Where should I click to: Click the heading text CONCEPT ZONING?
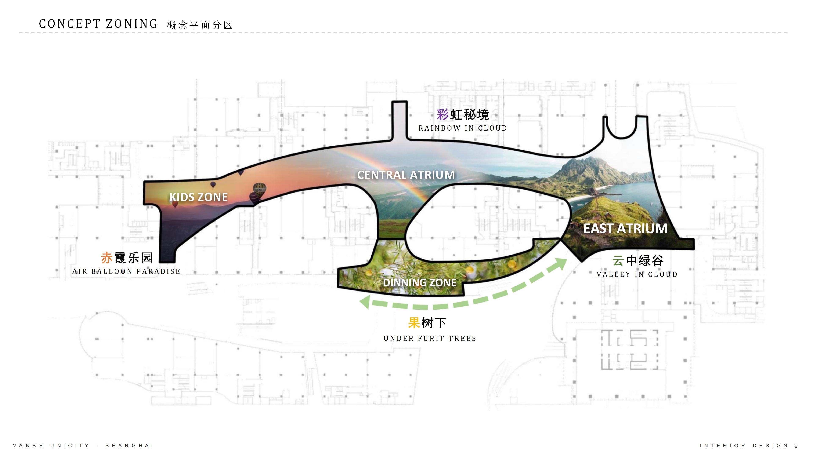[x=98, y=24]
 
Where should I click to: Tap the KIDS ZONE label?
[x=199, y=197]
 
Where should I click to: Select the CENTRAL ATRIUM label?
[x=406, y=175]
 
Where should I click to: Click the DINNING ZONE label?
[x=419, y=283]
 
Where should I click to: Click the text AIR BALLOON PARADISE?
[x=126, y=271]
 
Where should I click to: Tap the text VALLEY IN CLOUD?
[x=637, y=274]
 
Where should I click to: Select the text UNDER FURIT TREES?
[x=430, y=339]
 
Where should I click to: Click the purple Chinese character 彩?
[x=442, y=114]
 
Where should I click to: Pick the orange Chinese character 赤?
[x=107, y=258]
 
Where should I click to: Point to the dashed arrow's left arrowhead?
[x=365, y=302]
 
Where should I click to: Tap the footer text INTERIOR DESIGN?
[x=744, y=446]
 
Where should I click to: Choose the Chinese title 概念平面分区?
[x=200, y=25]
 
